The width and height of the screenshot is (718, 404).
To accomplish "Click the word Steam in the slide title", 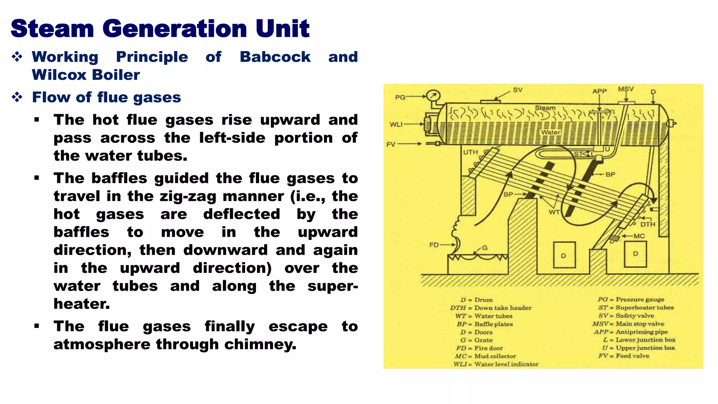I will [53, 29].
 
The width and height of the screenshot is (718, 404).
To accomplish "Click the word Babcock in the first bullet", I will [275, 57].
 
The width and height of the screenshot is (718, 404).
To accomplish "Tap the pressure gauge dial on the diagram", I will [433, 96].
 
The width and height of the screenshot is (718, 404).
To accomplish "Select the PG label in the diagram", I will [400, 97].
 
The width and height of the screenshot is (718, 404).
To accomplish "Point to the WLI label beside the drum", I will [396, 124].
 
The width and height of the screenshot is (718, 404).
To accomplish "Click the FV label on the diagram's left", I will [391, 144].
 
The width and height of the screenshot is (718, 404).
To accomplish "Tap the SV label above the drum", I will [517, 90].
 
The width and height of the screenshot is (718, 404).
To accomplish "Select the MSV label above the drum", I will [625, 89].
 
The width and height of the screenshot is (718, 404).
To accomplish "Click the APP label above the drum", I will [600, 91].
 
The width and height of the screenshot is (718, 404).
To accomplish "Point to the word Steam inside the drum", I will [545, 108].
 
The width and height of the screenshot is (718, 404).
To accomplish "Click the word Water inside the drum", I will [550, 132].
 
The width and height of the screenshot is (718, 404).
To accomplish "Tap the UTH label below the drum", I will [470, 152].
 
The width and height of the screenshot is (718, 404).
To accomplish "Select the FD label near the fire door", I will [434, 245].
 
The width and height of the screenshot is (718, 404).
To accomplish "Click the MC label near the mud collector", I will [639, 236].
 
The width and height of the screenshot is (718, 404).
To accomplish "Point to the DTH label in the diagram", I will [648, 224].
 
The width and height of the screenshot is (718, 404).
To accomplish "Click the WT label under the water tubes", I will [554, 212].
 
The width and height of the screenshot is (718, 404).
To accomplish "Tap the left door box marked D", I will [564, 255].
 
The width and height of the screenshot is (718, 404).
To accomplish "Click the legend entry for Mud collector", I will [486, 356].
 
